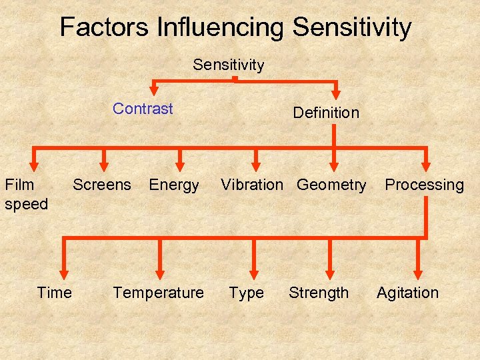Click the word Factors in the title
point(104,27)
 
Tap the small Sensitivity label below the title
point(228,65)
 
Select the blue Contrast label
point(143,109)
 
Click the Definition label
point(326,113)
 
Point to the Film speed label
point(26,194)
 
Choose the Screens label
point(102,185)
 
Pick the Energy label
point(174,185)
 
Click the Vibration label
point(252,185)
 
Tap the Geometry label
point(331,185)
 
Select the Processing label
point(425,185)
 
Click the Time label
point(55,293)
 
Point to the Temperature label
point(159,293)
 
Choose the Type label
point(247,293)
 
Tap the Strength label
point(319,293)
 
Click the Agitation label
point(407,293)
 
